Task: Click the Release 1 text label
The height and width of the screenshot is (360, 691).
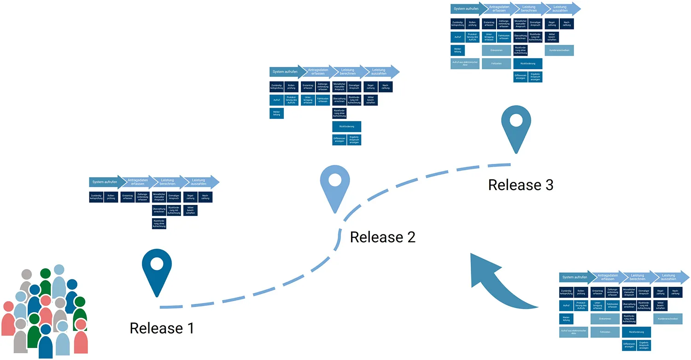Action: (162, 328)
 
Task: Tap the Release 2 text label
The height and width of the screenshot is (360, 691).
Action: (382, 237)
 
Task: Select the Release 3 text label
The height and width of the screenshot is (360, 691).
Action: (521, 185)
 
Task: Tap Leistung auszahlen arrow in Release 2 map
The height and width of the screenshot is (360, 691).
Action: (380, 72)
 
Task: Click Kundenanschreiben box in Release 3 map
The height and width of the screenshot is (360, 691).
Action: (559, 50)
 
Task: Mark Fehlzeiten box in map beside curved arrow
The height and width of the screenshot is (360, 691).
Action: (604, 331)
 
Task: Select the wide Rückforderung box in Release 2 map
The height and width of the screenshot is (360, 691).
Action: (346, 126)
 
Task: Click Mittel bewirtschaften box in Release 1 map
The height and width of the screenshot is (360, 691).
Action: (190, 210)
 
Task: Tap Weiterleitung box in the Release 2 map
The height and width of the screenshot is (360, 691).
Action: (276, 113)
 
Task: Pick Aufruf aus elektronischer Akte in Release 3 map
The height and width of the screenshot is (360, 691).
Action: (464, 64)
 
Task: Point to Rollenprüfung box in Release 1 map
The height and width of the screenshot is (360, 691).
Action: (111, 197)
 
